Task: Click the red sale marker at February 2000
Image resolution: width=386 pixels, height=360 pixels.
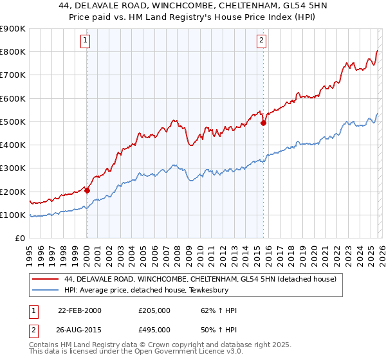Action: [87, 190]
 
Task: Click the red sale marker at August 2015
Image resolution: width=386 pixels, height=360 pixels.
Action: [263, 123]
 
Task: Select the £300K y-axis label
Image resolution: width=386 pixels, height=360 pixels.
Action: [13, 168]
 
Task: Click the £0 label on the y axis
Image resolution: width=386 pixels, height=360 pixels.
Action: [20, 239]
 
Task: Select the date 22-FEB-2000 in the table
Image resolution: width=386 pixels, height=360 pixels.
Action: [80, 310]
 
